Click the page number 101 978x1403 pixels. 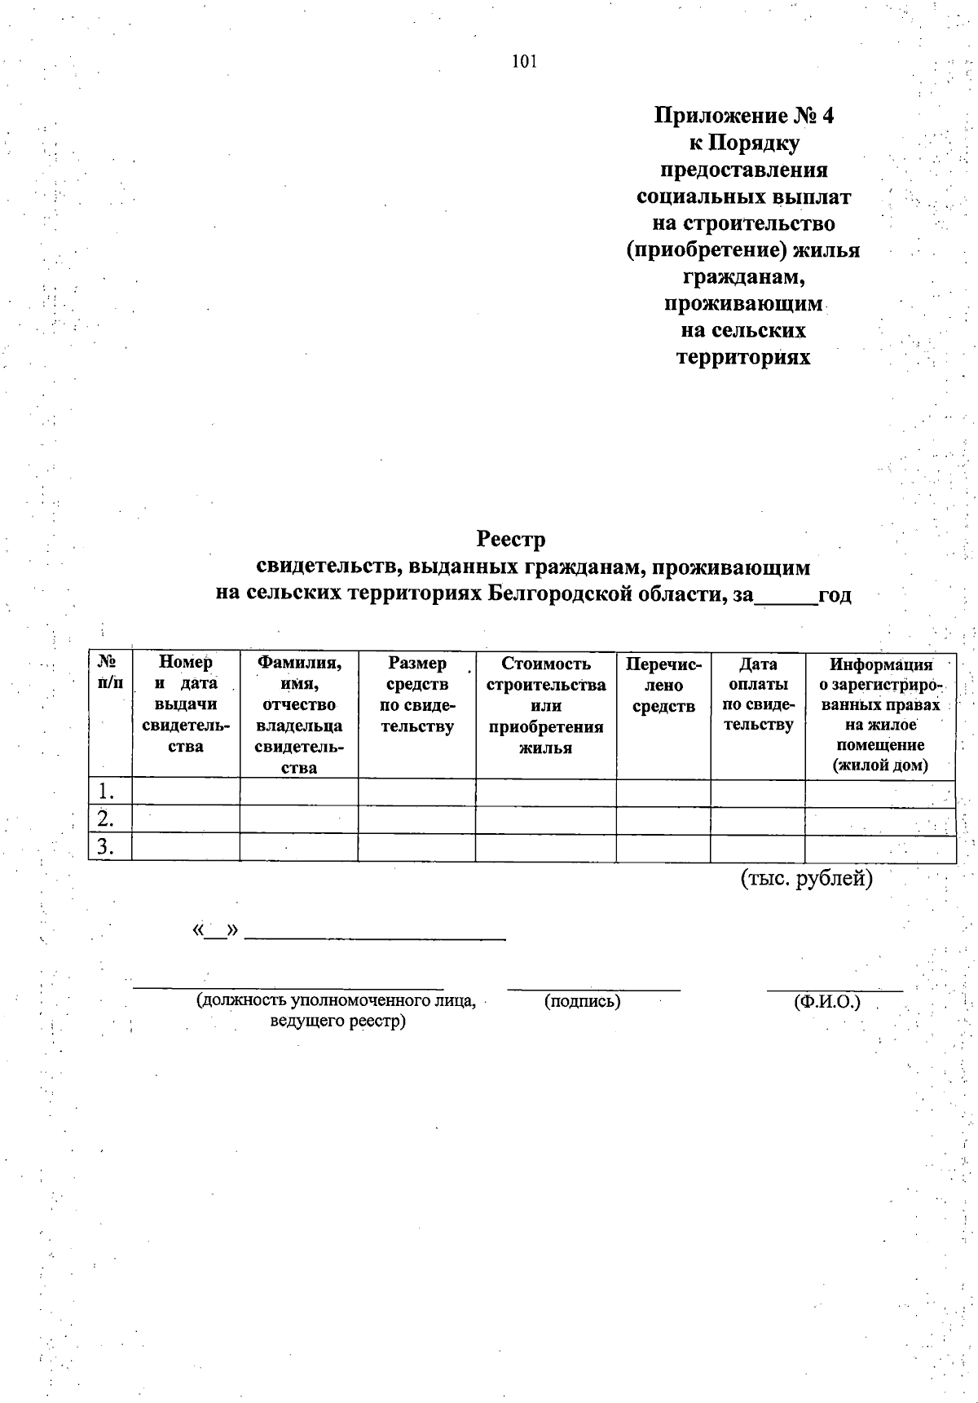click(524, 62)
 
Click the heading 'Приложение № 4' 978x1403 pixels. click(744, 116)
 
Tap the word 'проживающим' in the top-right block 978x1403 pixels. click(742, 304)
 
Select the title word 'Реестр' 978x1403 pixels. click(510, 540)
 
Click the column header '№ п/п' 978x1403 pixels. click(109, 673)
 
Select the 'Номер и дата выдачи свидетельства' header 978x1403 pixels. click(185, 704)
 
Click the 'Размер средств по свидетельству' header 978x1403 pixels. click(416, 695)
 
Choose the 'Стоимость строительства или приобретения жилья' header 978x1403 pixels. click(545, 705)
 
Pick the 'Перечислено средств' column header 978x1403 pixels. click(663, 685)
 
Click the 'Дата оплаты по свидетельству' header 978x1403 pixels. click(758, 695)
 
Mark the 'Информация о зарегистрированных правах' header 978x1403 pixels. click(879, 715)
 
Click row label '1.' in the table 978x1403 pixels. click(105, 792)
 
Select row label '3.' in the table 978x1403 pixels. click(105, 848)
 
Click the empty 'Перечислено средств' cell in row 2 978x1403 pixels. click(663, 819)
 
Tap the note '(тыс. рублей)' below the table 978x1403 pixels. click(806, 879)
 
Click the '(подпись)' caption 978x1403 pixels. click(582, 1001)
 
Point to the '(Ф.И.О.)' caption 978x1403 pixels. click(826, 1001)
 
